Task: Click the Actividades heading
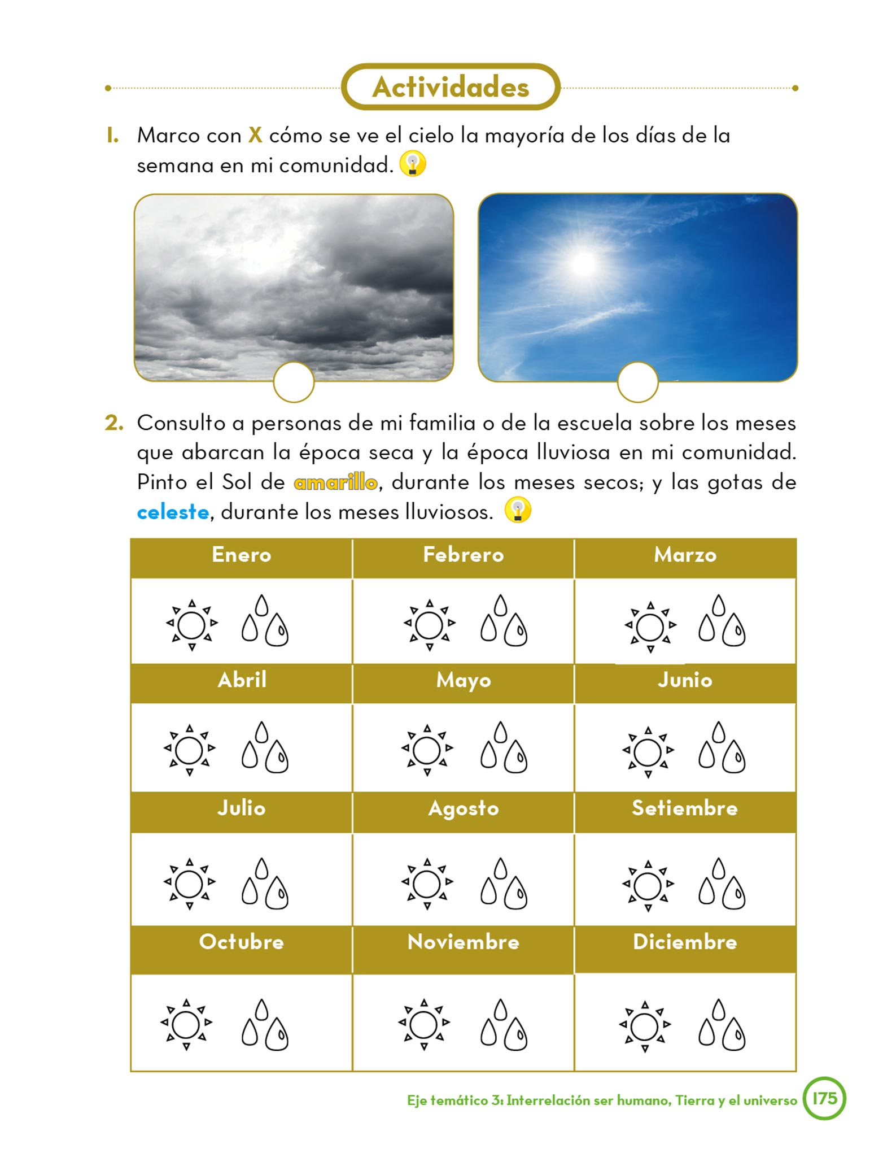pyautogui.click(x=451, y=87)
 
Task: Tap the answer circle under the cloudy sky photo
pyautogui.click(x=294, y=382)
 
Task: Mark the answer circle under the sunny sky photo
pyautogui.click(x=637, y=382)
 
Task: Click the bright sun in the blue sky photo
pyautogui.click(x=583, y=263)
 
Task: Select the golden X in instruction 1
pyautogui.click(x=255, y=135)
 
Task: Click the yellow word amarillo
pyautogui.click(x=335, y=482)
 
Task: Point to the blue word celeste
pyautogui.click(x=173, y=512)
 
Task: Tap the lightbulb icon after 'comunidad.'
pyautogui.click(x=413, y=164)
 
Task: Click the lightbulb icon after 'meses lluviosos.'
pyautogui.click(x=517, y=510)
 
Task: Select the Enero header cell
pyautogui.click(x=242, y=555)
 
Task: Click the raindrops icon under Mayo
pyautogui.click(x=504, y=747)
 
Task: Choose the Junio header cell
pyautogui.click(x=685, y=680)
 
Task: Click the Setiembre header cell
pyautogui.click(x=685, y=808)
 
